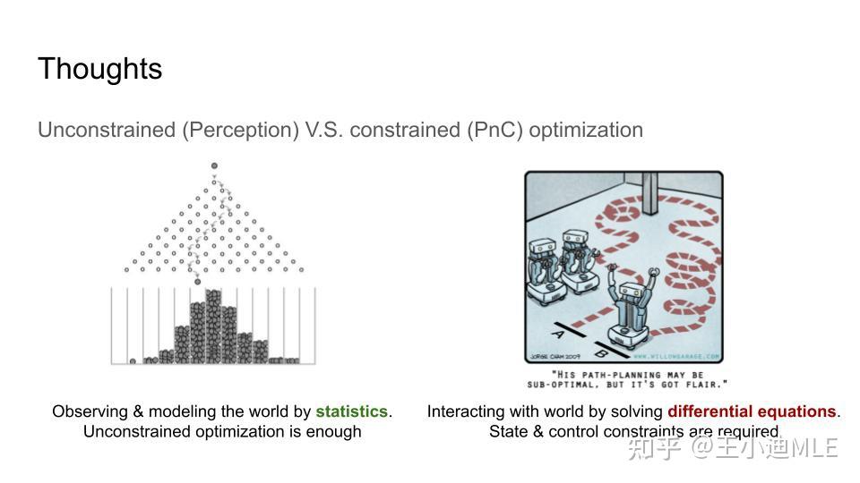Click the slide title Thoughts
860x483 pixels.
tap(99, 69)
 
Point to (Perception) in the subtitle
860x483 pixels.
tap(240, 130)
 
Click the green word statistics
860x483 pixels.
tap(351, 411)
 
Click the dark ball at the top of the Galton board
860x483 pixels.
tap(214, 166)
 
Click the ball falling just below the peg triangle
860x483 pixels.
tap(198, 282)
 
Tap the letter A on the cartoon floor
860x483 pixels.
tap(556, 334)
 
